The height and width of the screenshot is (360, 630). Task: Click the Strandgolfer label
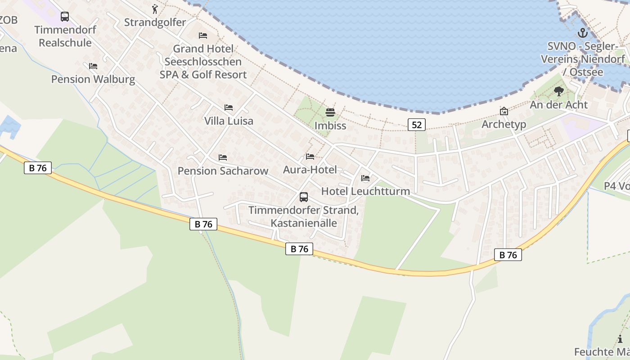[155, 22]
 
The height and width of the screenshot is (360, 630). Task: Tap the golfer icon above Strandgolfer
[155, 9]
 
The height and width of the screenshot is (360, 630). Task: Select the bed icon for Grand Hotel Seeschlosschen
[203, 36]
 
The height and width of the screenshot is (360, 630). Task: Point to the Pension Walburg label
[93, 79]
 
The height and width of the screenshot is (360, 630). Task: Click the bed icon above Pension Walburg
[93, 66]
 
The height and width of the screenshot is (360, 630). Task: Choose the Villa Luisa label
[229, 121]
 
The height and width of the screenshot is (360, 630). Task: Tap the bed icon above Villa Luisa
[229, 108]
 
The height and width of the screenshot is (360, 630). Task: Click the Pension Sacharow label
[223, 171]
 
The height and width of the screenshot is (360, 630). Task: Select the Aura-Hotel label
[310, 170]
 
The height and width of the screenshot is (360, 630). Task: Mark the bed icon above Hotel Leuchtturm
[365, 179]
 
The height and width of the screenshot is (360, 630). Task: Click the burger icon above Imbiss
[330, 112]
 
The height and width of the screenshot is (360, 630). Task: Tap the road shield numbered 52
[417, 125]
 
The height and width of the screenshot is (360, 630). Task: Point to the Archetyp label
[504, 124]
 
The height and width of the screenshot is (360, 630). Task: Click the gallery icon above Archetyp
[504, 111]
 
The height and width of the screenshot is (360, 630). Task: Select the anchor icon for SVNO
[583, 33]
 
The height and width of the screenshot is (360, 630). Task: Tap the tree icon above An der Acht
[559, 92]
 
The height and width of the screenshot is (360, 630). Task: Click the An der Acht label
[559, 105]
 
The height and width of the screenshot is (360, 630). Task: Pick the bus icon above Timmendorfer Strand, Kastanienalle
[304, 197]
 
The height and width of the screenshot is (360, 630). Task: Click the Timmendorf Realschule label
[65, 36]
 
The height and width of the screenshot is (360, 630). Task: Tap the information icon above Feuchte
[621, 339]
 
